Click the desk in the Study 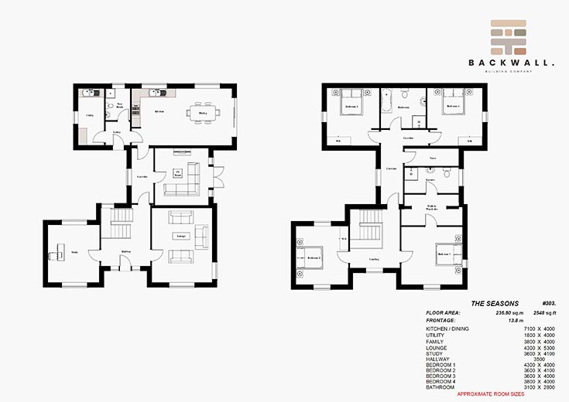(56, 251)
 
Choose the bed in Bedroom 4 (453, 107)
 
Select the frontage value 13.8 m (506, 319)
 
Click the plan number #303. (547, 304)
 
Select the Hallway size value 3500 (530, 358)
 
